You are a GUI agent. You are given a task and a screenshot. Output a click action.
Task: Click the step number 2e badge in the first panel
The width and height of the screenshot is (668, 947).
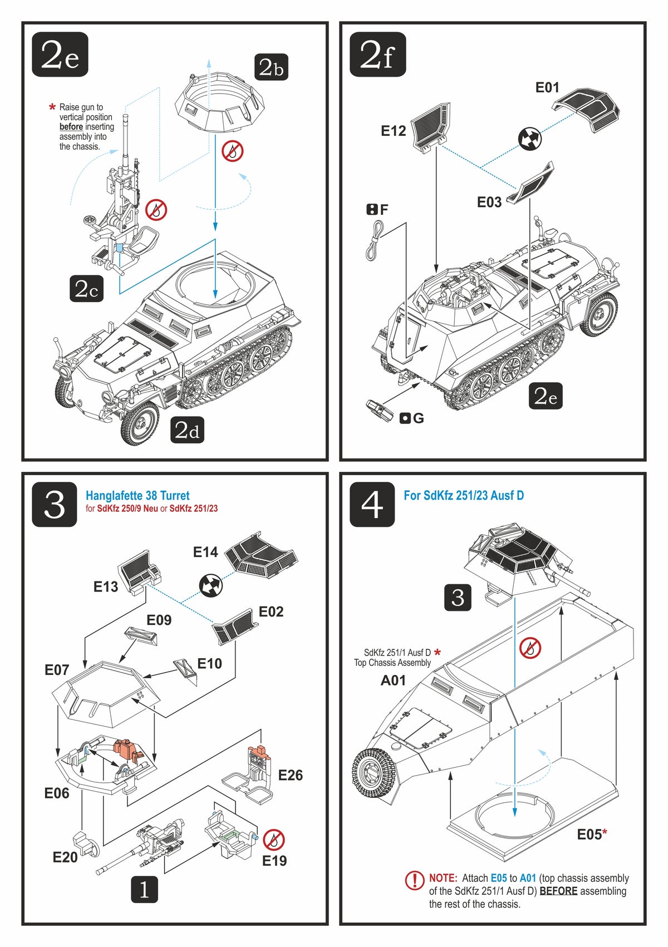tap(60, 55)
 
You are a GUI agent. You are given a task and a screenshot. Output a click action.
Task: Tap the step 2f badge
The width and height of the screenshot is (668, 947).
tap(377, 55)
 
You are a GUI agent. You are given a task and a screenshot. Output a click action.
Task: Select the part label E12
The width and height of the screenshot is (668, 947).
tap(394, 131)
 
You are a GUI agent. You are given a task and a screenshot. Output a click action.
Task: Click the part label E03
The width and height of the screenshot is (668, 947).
tap(489, 202)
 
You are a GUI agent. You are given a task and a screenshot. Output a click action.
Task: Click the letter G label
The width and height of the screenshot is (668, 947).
tap(419, 418)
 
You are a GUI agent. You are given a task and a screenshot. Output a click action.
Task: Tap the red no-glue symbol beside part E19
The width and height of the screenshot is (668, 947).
tap(274, 840)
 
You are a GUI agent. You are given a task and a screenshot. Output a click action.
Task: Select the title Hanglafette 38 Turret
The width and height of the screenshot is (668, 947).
tap(137, 495)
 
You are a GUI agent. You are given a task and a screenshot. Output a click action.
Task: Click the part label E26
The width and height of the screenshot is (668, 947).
tap(290, 775)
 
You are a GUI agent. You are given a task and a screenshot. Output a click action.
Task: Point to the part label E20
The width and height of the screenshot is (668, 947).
tap(65, 857)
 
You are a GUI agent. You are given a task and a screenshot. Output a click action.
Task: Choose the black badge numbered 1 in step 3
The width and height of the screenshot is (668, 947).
tap(144, 890)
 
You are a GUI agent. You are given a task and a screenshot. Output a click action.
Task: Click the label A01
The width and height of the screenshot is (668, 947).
tap(393, 680)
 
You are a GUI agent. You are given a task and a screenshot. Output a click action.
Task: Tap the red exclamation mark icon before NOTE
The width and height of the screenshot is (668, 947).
tap(415, 880)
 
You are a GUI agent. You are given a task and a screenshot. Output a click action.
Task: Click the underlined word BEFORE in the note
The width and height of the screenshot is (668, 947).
tap(558, 891)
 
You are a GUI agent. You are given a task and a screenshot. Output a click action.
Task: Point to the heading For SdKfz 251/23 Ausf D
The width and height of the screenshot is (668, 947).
tap(464, 495)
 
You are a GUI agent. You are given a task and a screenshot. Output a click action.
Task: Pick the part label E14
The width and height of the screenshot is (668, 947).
tap(205, 552)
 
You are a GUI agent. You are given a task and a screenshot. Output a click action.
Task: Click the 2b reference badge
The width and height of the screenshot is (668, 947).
tap(271, 67)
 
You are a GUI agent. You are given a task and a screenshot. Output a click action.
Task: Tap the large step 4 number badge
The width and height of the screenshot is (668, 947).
tap(372, 505)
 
